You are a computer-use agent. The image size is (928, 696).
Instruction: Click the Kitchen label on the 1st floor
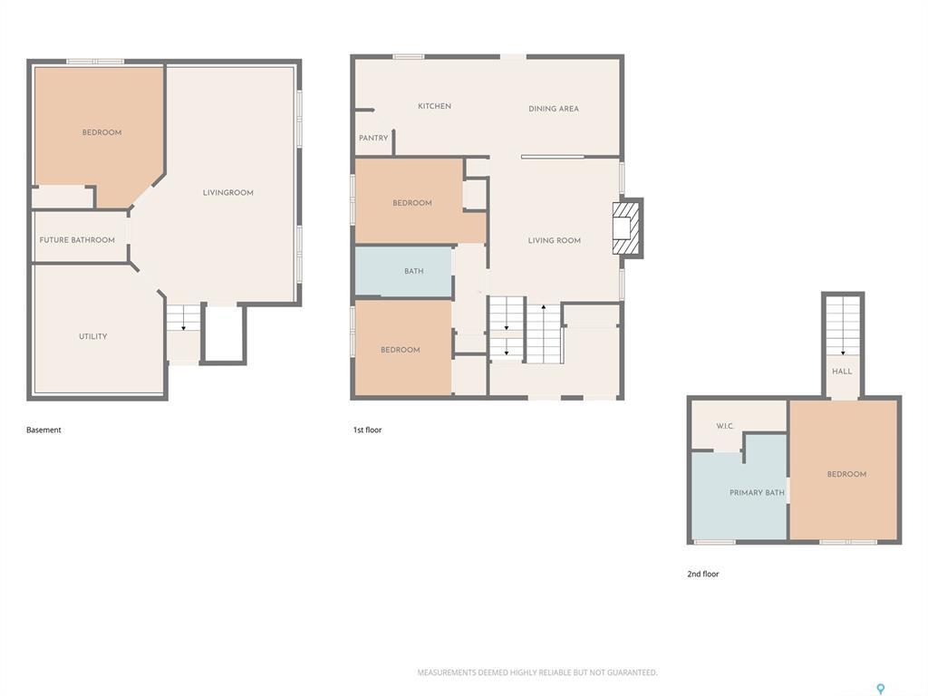(434, 107)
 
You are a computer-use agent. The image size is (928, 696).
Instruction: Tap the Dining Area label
(553, 109)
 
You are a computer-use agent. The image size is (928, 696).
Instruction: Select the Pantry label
(373, 139)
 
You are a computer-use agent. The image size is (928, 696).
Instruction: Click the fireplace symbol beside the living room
(626, 227)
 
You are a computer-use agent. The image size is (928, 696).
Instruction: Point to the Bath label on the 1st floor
(413, 271)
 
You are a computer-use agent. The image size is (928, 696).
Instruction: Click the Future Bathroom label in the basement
(77, 240)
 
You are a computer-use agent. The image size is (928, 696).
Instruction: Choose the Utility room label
(92, 336)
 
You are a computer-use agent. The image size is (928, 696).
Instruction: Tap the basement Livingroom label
(227, 193)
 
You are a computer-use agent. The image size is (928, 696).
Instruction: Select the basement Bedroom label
(101, 132)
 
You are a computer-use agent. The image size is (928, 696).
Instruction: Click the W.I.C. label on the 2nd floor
(725, 426)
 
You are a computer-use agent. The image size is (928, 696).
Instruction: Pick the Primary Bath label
(757, 493)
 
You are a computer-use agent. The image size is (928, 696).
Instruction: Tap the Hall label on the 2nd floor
(842, 372)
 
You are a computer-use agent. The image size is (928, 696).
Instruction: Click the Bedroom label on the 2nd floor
(846, 474)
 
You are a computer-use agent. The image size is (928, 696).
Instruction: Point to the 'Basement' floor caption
(43, 430)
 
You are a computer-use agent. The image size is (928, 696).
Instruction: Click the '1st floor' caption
(367, 430)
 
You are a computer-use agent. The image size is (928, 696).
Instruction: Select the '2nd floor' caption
(702, 574)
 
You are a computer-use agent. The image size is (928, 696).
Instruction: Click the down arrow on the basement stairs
(183, 325)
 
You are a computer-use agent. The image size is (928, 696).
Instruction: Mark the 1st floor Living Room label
(555, 241)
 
